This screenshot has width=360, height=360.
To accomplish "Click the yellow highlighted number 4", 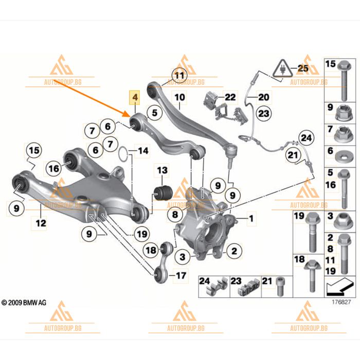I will coord(135,97).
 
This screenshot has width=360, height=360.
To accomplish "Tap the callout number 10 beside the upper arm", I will coord(179,97).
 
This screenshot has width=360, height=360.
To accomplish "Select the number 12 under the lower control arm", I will coord(41,223).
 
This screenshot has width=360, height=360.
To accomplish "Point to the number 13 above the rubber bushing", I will coord(163,170).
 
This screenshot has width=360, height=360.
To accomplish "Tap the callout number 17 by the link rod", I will coord(180,276).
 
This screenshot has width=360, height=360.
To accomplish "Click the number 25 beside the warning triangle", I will coord(301,67).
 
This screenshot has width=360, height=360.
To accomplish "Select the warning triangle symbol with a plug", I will coord(281,68).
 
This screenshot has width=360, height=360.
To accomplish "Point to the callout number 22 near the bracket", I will coord(229,96).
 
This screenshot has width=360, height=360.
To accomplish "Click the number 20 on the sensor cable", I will coord(263,97).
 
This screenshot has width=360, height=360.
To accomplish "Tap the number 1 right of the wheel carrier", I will coord(251,220).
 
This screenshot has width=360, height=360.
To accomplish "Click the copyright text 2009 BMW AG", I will coord(24,303).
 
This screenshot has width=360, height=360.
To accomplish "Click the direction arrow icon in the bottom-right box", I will coord(340,284).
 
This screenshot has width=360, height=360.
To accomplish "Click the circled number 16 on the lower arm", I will coord(53,168).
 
